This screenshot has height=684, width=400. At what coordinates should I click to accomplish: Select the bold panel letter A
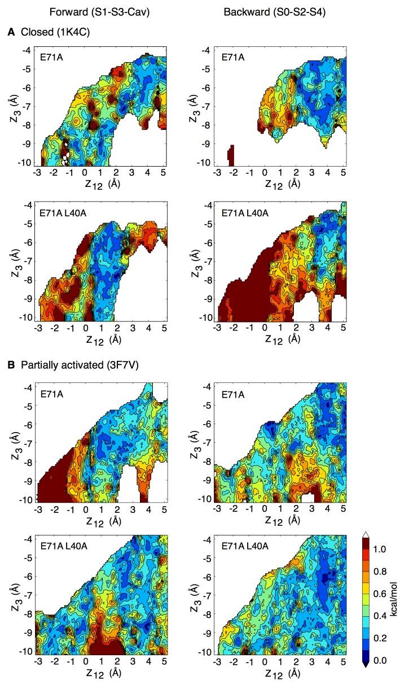point(11,33)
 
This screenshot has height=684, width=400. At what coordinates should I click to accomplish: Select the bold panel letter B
point(11,365)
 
